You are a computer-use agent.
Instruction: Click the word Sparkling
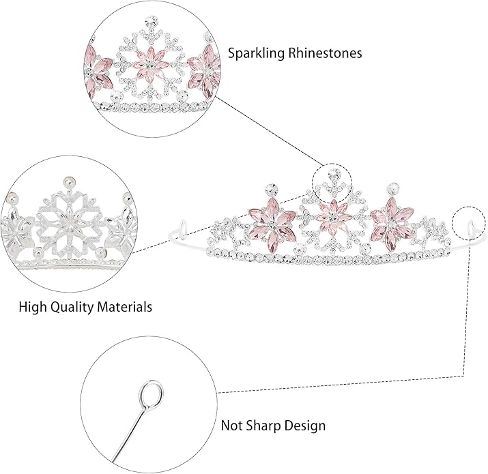pos(256,53)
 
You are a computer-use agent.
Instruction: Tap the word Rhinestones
pos(325,53)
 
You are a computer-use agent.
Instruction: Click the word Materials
pos(124,307)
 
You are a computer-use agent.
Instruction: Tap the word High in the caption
pos(33,307)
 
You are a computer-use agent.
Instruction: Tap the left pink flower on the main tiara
pos(272,224)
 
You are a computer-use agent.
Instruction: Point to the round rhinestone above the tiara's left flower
pos(270,188)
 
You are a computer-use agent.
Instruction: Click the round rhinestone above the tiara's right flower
pos(392,188)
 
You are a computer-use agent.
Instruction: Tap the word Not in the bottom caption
pos(232,425)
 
